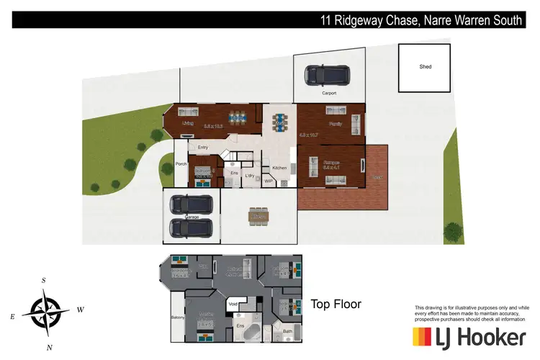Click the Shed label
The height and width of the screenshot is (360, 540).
426,67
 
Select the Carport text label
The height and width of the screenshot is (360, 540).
328,94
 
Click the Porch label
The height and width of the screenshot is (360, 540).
181,164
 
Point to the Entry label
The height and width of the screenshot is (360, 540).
203,148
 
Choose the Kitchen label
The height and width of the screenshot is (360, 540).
279,168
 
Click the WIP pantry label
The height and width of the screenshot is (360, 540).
269,181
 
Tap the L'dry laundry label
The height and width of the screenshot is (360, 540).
251,175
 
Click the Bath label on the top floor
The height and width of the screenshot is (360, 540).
287,331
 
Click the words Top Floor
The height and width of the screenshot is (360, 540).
335,305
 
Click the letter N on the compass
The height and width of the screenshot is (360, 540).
49,347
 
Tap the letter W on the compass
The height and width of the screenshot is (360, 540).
81,310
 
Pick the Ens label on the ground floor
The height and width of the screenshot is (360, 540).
234,173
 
